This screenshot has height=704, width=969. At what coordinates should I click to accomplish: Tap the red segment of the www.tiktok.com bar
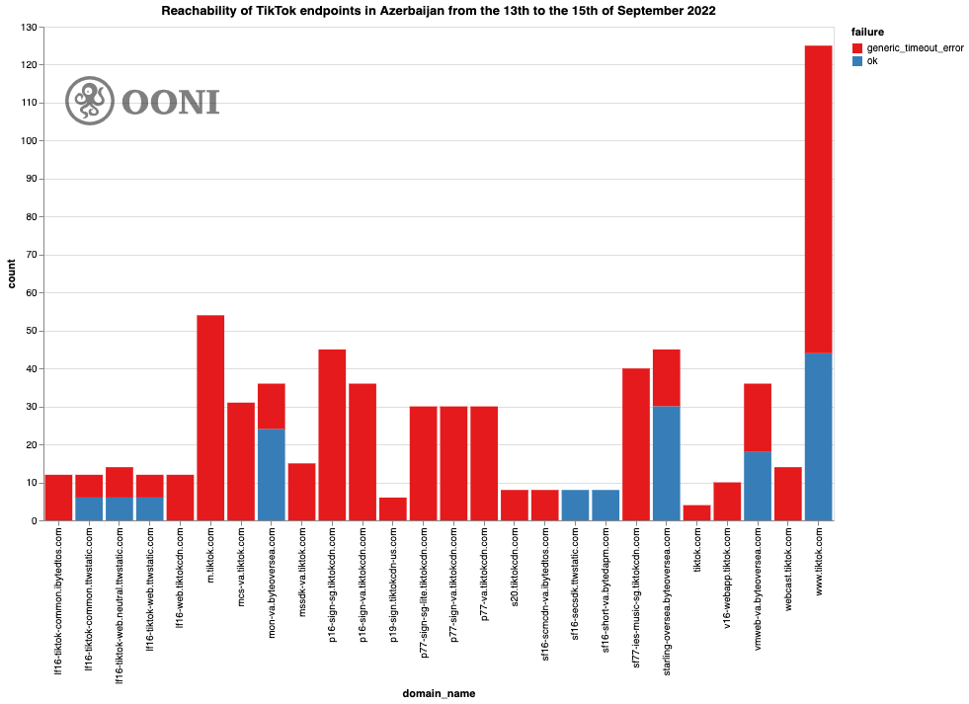coord(818,198)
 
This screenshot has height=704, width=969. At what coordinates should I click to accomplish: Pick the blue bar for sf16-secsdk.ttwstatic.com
coord(575,505)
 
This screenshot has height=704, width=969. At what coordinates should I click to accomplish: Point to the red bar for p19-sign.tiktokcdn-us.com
coord(393,508)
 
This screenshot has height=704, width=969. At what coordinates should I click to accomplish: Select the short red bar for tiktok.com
coord(696,512)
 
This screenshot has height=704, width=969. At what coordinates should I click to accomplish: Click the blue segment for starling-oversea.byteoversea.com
coord(667,463)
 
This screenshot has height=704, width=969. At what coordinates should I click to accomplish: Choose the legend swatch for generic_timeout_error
coord(858,47)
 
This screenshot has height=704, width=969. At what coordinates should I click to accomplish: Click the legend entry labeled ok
coord(872,61)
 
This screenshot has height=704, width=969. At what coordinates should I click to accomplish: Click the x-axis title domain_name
coord(439,693)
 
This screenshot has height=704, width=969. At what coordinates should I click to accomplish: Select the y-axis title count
coord(12,274)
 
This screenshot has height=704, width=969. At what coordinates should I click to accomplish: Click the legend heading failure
coord(867,32)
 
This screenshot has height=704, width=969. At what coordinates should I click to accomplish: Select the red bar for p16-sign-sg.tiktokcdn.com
coord(332,434)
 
